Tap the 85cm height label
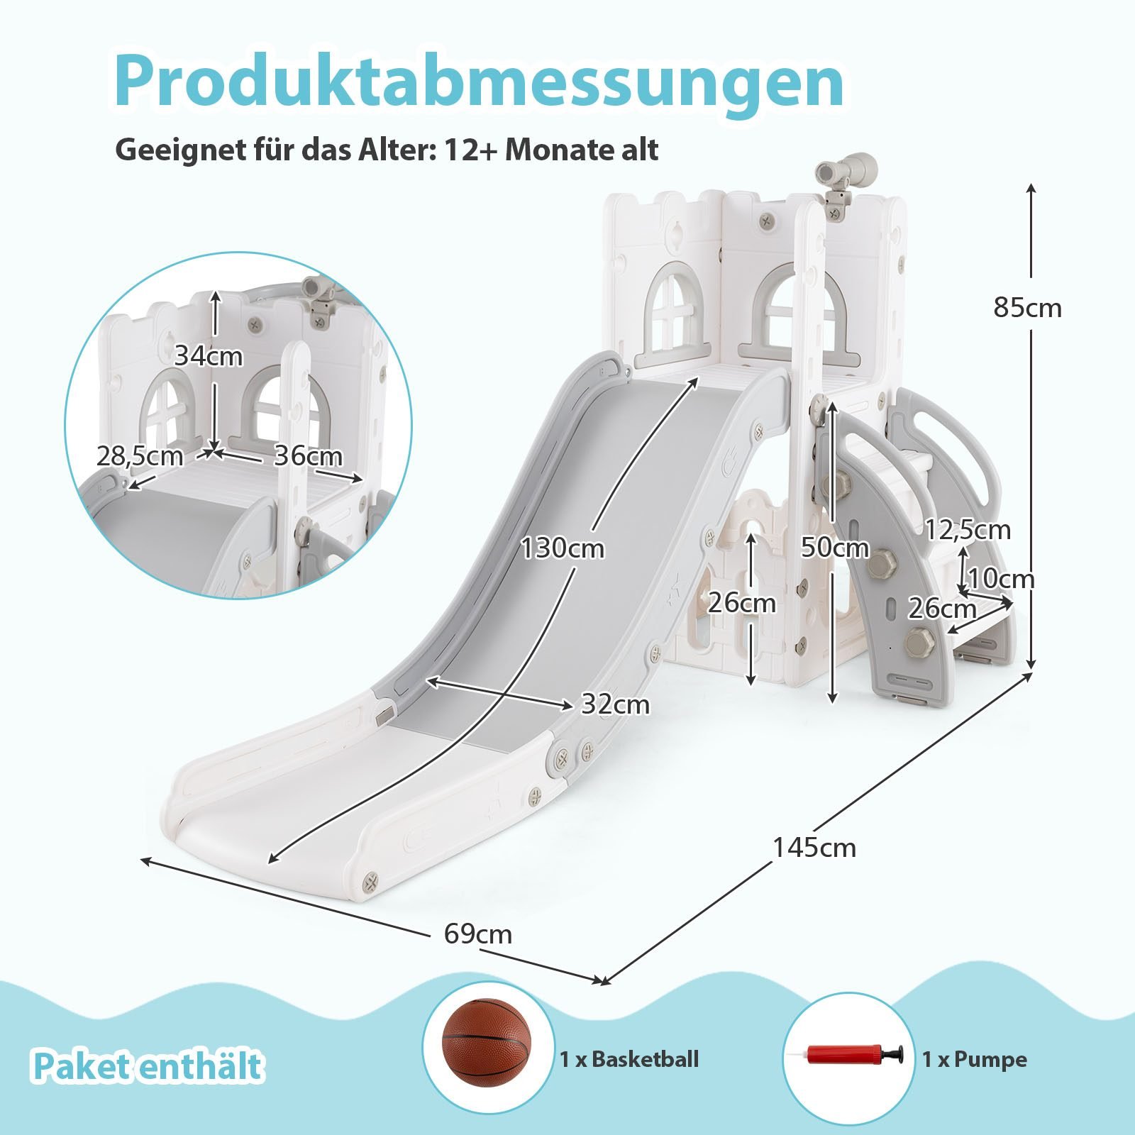tap(1027, 308)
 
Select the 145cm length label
tap(814, 847)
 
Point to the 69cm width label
tap(477, 934)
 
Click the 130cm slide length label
tap(563, 548)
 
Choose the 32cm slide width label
tap(615, 704)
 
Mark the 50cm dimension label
tap(834, 548)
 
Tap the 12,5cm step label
tap(968, 530)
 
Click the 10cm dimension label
tap(1001, 579)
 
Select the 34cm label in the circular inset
tap(209, 356)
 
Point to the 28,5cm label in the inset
tap(140, 456)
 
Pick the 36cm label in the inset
tap(308, 456)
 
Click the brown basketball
tap(486, 1041)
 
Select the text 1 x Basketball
tap(629, 1059)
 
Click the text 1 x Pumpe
tap(974, 1060)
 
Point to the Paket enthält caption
tap(148, 1066)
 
